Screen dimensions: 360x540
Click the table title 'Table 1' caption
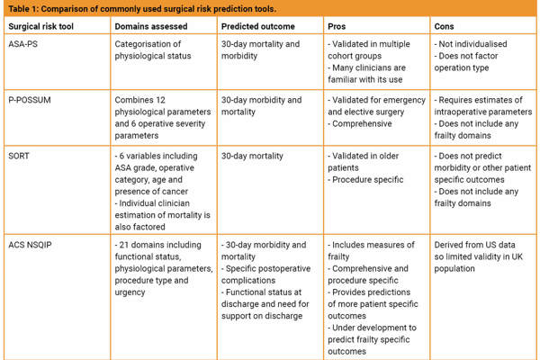coord(121,7)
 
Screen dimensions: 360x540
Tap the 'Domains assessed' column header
coord(148,26)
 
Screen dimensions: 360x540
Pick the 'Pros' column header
coord(338,26)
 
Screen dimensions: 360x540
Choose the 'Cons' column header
coord(445,26)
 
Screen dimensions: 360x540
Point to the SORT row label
coord(19,155)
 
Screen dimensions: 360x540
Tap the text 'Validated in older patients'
coord(364,161)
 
